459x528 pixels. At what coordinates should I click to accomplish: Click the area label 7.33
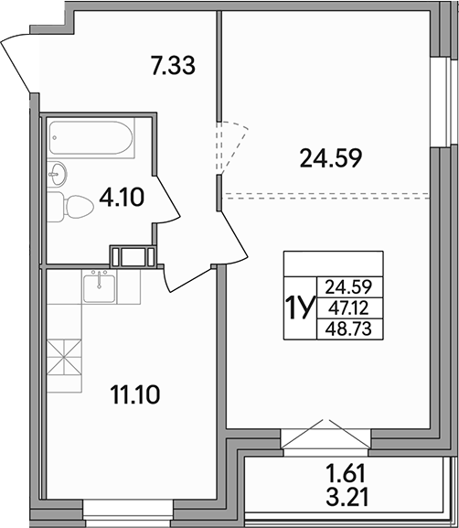[x=174, y=65]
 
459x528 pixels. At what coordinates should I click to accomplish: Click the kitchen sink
[x=98, y=288]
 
